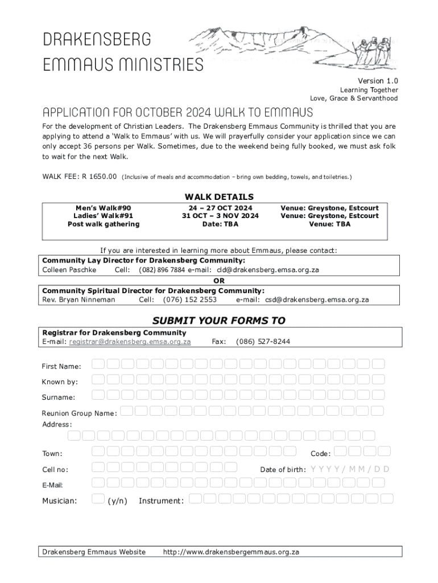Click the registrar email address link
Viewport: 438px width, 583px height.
click(x=130, y=342)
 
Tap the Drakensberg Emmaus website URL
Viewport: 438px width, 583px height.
click(x=231, y=552)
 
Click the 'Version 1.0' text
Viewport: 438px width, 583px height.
click(x=378, y=81)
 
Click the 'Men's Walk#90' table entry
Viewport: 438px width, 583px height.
click(x=104, y=208)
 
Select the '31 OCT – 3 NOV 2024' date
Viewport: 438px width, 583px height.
click(x=220, y=216)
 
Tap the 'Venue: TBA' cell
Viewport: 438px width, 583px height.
click(x=329, y=224)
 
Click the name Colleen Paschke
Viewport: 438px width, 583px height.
click(x=69, y=269)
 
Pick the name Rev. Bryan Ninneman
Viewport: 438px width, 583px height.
click(x=78, y=299)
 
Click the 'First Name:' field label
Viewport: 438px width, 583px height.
click(x=61, y=366)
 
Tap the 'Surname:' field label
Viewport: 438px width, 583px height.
click(x=59, y=397)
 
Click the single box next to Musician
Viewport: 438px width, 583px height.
click(x=98, y=499)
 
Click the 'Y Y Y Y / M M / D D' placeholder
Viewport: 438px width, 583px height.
click(x=350, y=469)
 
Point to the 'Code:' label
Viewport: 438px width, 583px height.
click(x=320, y=454)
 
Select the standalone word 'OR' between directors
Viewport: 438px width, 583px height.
click(x=219, y=281)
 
